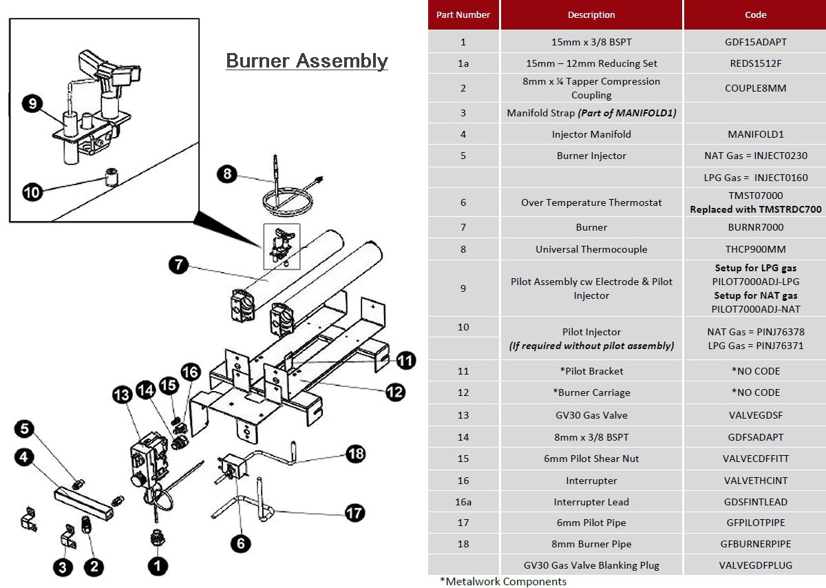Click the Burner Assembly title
(307, 61)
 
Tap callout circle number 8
(227, 174)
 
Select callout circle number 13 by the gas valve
(122, 395)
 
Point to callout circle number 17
(355, 513)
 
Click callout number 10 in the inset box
(32, 192)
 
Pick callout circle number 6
(240, 543)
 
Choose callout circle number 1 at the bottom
(158, 565)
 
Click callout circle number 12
(395, 392)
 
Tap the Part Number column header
(463, 14)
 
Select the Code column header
(755, 14)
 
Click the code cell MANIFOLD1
(755, 134)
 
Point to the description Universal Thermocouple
(591, 249)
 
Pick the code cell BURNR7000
(755, 227)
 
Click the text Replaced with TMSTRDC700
(755, 209)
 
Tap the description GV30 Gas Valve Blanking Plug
(591, 565)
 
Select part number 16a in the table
(463, 502)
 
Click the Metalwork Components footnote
(503, 581)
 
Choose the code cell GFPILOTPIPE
(755, 523)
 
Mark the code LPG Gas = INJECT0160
(755, 178)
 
